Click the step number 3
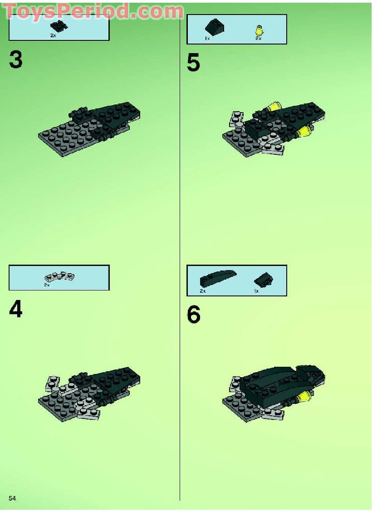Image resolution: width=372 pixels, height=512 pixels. click(15, 60)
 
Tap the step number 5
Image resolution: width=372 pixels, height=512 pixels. click(193, 63)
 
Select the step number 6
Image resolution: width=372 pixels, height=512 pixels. click(194, 315)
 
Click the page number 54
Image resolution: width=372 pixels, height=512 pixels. click(12, 498)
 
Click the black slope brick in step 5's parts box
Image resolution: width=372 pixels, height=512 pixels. click(215, 29)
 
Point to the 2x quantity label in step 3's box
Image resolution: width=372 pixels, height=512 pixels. click(53, 35)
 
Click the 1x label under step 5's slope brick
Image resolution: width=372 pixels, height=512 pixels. click(207, 39)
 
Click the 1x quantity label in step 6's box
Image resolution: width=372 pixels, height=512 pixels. click(256, 291)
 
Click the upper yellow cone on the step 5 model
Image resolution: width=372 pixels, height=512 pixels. click(273, 108)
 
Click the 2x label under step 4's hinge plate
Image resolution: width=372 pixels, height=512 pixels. click(46, 285)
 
